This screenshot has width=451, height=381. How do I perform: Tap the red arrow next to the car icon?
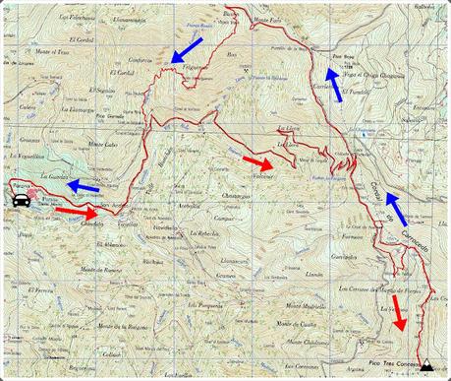[76, 210]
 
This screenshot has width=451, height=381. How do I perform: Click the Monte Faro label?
[267, 20]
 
